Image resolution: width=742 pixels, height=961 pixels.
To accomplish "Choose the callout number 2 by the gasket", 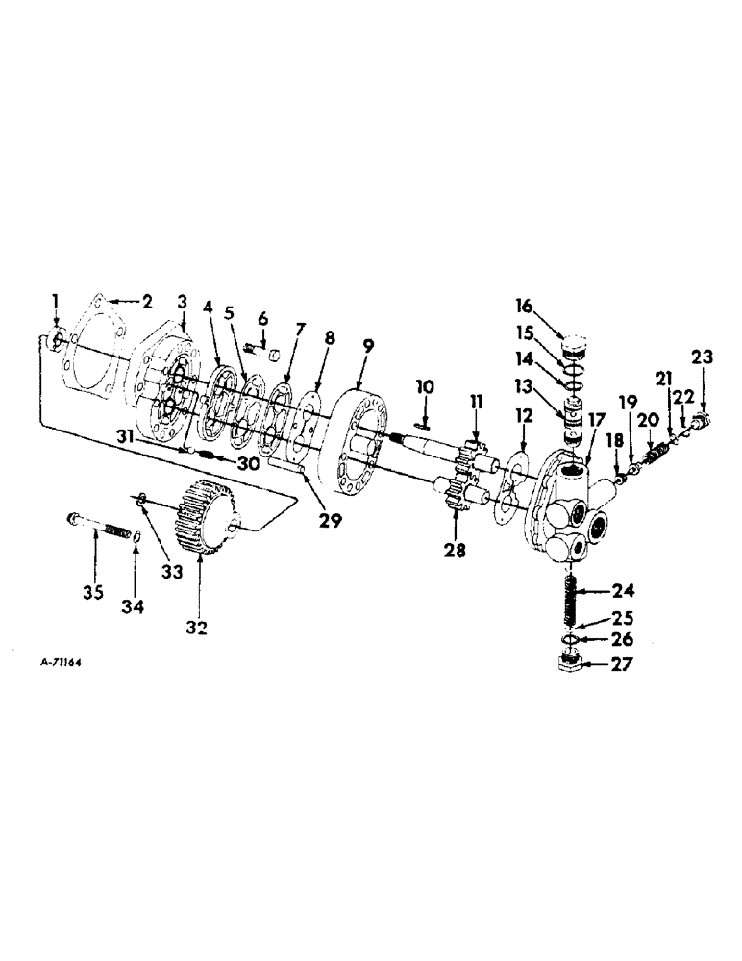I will (x=147, y=301).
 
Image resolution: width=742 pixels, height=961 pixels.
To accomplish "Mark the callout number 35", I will (x=92, y=592).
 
